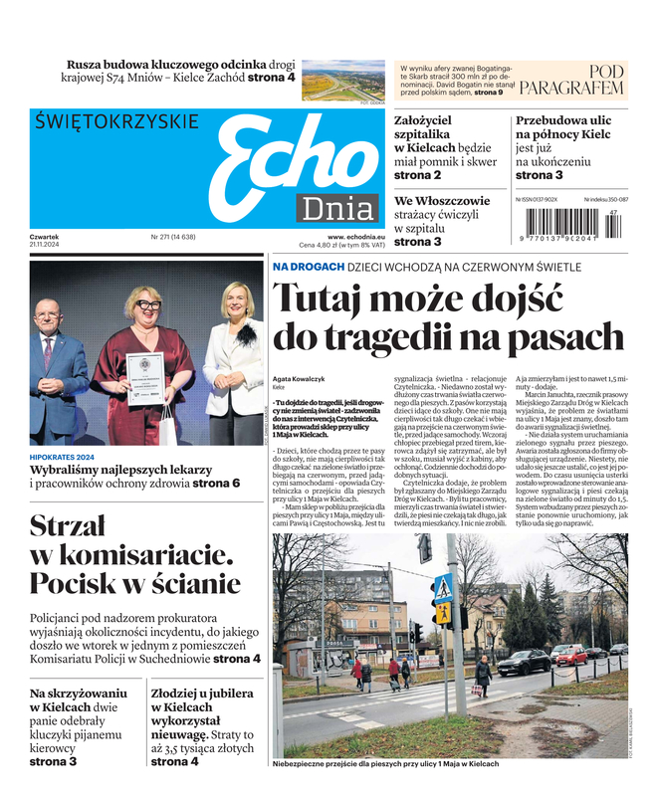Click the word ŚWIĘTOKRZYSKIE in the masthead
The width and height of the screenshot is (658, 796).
pyautogui.click(x=115, y=122)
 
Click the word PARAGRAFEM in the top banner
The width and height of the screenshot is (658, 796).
pyautogui.click(x=578, y=89)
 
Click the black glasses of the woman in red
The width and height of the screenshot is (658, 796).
pyautogui.click(x=149, y=304)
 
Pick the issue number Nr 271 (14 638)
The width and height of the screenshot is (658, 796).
pyautogui.click(x=173, y=237)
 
